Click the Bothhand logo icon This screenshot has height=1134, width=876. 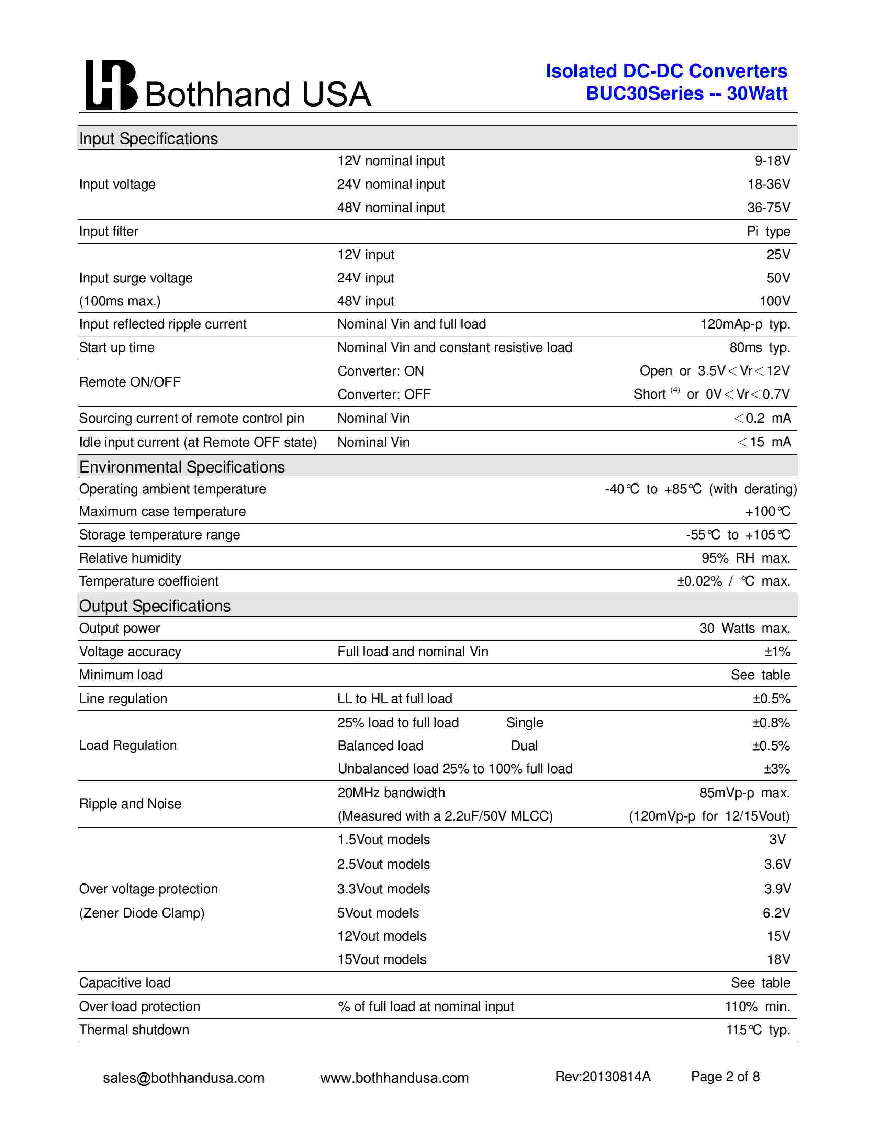click(x=111, y=85)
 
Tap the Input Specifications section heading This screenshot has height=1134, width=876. click(x=148, y=138)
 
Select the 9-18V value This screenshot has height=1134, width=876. click(x=772, y=161)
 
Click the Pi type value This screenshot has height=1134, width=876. click(x=768, y=232)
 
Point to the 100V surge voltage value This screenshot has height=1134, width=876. click(x=775, y=301)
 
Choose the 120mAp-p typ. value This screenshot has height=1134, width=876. click(x=745, y=324)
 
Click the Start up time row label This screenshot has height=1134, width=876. click(x=117, y=348)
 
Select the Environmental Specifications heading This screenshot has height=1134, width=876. click(x=182, y=467)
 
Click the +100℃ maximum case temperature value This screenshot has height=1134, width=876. click(x=767, y=512)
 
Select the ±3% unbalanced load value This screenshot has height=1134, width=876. click(x=776, y=769)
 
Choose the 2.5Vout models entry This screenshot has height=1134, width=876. click(x=383, y=865)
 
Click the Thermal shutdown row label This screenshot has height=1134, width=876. click(x=134, y=1030)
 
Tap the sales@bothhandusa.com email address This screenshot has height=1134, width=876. click(x=184, y=1078)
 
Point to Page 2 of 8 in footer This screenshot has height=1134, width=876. click(x=725, y=1077)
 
